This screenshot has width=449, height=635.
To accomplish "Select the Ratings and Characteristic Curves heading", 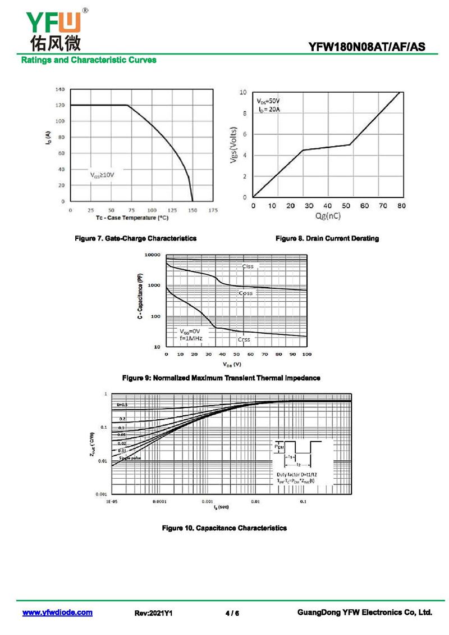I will [x=89, y=60].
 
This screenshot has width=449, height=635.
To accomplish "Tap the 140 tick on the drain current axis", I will [x=60, y=89].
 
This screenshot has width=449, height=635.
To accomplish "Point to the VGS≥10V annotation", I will [x=102, y=175].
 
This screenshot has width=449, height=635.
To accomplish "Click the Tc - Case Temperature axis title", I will [x=132, y=217].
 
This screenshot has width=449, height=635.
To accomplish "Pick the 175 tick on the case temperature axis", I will [x=213, y=210].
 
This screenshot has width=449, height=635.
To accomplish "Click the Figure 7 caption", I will [x=136, y=238].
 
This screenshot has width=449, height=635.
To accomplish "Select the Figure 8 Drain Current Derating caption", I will [x=327, y=238].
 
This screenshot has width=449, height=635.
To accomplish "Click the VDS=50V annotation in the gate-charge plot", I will [x=268, y=101].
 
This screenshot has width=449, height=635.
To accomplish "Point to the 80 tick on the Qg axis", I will [x=401, y=206].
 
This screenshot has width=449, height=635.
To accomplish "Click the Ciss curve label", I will [x=248, y=266].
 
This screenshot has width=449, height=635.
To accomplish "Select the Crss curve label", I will [x=244, y=339].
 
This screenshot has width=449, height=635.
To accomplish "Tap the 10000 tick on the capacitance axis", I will [x=153, y=255].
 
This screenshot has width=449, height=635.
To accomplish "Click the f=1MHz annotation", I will [x=190, y=338].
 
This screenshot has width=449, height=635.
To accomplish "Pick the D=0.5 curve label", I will [x=122, y=405].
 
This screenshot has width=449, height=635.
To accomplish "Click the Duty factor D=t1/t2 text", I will [x=297, y=475].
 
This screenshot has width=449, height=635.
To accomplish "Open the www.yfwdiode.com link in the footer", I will [x=57, y=613].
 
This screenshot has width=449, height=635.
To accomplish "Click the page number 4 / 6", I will [x=232, y=613].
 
